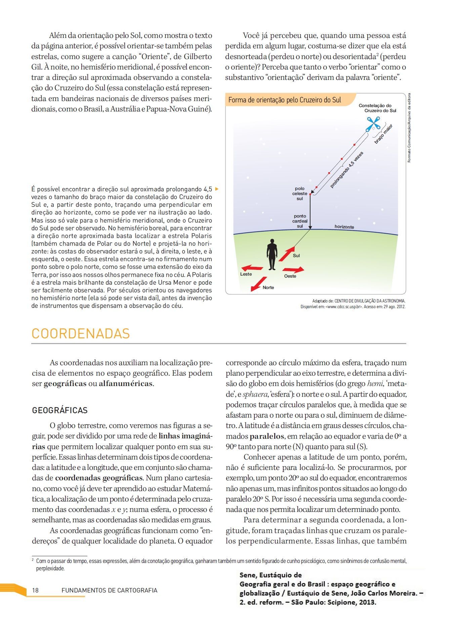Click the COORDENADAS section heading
[x=81, y=334]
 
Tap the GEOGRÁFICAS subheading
[x=60, y=410]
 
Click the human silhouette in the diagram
[x=272, y=254]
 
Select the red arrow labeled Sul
[x=286, y=254]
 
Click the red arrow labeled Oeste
[x=293, y=270]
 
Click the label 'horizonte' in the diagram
[x=344, y=227]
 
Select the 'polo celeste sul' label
[x=300, y=194]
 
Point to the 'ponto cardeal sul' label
[x=300, y=221]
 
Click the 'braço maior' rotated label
[x=383, y=134]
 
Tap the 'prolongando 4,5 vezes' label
[x=347, y=170]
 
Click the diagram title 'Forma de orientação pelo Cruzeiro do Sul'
[x=285, y=100]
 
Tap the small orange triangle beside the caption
[x=217, y=189]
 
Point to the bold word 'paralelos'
[x=267, y=436]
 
